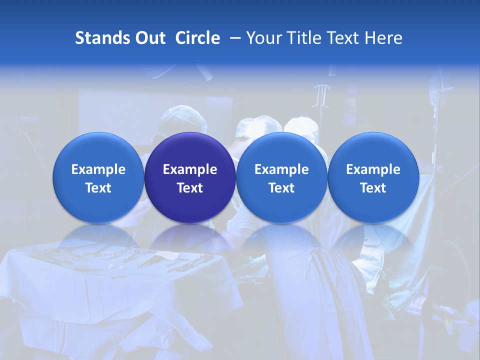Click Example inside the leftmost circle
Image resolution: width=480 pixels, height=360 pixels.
(98, 169)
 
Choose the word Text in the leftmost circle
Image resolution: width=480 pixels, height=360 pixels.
(98, 188)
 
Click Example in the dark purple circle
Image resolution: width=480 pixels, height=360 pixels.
(190, 169)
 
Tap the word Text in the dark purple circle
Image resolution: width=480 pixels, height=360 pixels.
(190, 188)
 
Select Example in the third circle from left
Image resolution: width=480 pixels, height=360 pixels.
(281, 169)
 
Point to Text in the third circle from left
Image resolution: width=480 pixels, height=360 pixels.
(281, 188)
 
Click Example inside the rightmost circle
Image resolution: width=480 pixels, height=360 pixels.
(373, 169)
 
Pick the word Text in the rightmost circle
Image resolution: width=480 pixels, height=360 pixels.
(373, 188)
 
